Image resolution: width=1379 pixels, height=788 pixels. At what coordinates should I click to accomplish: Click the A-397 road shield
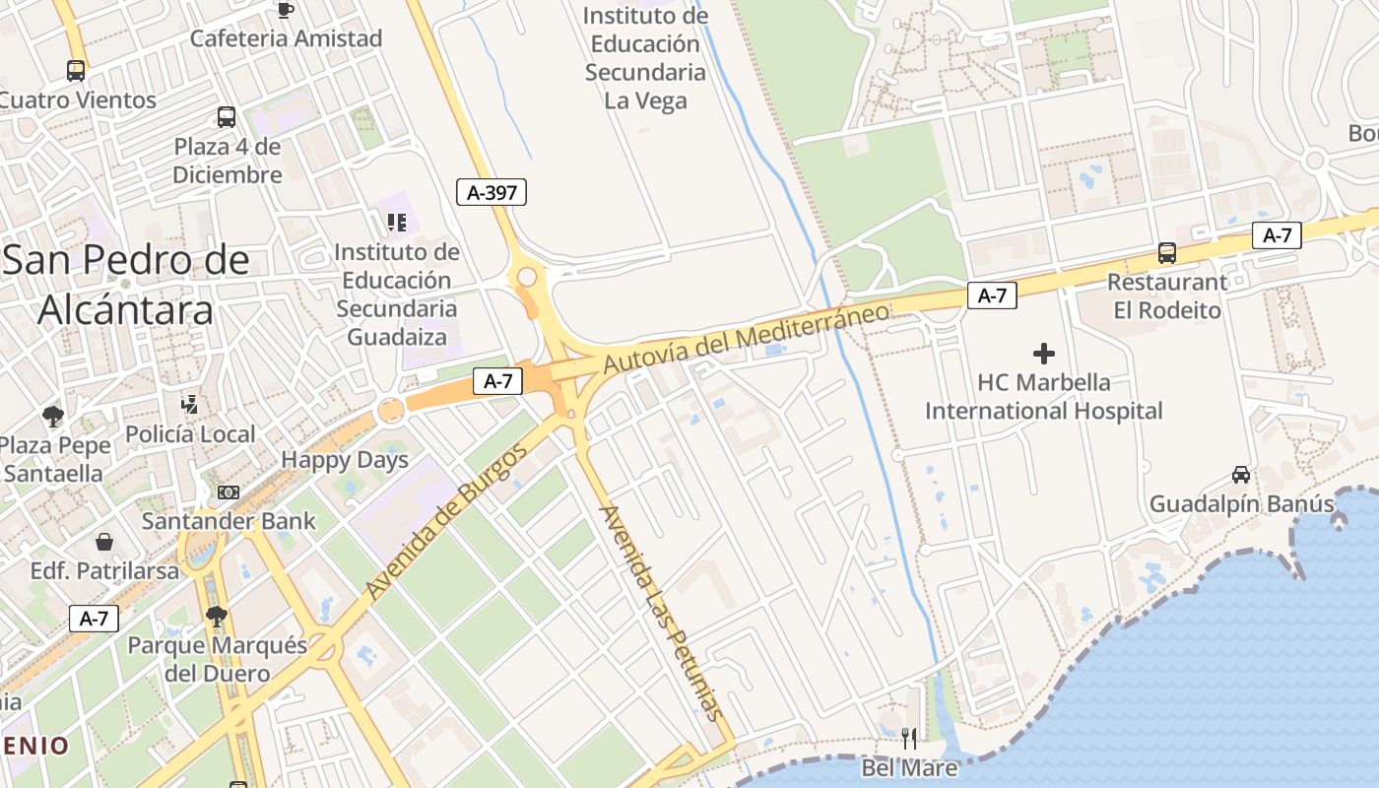tap(492, 192)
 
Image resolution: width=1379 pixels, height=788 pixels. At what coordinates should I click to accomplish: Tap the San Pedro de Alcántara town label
tap(125, 285)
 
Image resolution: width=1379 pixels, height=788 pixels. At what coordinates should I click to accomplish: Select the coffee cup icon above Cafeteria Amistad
tap(286, 10)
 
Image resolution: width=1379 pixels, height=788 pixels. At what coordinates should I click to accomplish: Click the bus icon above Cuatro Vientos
tap(76, 71)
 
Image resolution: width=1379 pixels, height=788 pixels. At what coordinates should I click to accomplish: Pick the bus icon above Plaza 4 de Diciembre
tap(227, 117)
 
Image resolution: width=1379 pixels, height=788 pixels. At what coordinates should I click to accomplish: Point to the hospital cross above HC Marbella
tap(1044, 353)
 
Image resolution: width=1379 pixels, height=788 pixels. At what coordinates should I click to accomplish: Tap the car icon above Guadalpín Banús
tap(1241, 475)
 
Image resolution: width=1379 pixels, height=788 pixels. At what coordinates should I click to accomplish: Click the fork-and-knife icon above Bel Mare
tap(909, 738)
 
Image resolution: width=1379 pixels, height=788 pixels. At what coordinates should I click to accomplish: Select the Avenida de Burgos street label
tap(447, 521)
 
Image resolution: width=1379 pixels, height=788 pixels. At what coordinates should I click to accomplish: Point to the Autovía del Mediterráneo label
tap(746, 338)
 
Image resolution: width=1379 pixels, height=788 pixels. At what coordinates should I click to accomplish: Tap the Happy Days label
tap(345, 460)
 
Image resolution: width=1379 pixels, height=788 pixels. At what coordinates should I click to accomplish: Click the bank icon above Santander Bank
tap(229, 492)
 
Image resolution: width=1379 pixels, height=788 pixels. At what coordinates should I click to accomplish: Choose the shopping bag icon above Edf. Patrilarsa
tap(104, 542)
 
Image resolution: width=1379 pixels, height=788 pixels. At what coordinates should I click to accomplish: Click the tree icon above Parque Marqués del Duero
tap(217, 617)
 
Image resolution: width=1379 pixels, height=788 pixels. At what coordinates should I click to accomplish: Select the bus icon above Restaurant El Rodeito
tap(1167, 253)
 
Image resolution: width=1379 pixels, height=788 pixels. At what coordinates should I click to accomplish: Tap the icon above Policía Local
tap(190, 404)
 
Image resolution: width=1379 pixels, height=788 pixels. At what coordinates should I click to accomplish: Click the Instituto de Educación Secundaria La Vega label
tap(645, 58)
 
